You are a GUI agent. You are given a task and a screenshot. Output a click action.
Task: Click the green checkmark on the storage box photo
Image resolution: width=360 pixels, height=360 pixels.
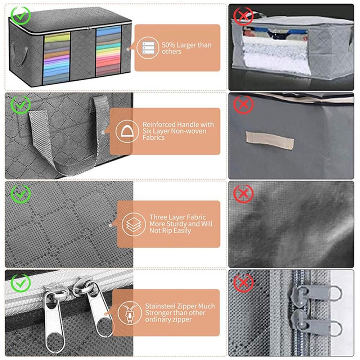pyautogui.click(x=21, y=16)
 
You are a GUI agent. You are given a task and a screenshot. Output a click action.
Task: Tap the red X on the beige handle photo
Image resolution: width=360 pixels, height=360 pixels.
pyautogui.click(x=243, y=105)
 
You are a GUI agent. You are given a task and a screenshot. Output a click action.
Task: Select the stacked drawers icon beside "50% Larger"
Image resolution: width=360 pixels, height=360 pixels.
pyautogui.click(x=148, y=48)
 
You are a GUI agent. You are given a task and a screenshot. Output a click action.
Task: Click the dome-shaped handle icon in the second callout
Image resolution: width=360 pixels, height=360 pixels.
pyautogui.click(x=127, y=131)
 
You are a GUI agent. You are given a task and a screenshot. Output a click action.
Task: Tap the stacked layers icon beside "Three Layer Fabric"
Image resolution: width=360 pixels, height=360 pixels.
pyautogui.click(x=134, y=224)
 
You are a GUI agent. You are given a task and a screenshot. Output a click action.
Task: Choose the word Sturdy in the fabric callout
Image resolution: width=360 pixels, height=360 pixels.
pyautogui.click(x=177, y=224)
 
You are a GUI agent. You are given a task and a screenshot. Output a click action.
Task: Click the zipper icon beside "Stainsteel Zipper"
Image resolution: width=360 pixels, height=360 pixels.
pyautogui.click(x=130, y=313)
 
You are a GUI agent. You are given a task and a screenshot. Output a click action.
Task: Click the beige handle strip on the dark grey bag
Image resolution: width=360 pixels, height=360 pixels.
pyautogui.click(x=270, y=140)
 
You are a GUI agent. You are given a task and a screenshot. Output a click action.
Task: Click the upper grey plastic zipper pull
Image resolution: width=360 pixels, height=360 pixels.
pyautogui.click(x=317, y=294)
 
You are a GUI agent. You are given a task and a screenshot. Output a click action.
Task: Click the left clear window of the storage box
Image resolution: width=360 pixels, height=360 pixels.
pyautogui.click(x=57, y=58)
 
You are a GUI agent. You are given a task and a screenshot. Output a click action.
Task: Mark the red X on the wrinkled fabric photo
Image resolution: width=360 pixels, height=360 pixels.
pyautogui.click(x=243, y=194)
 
